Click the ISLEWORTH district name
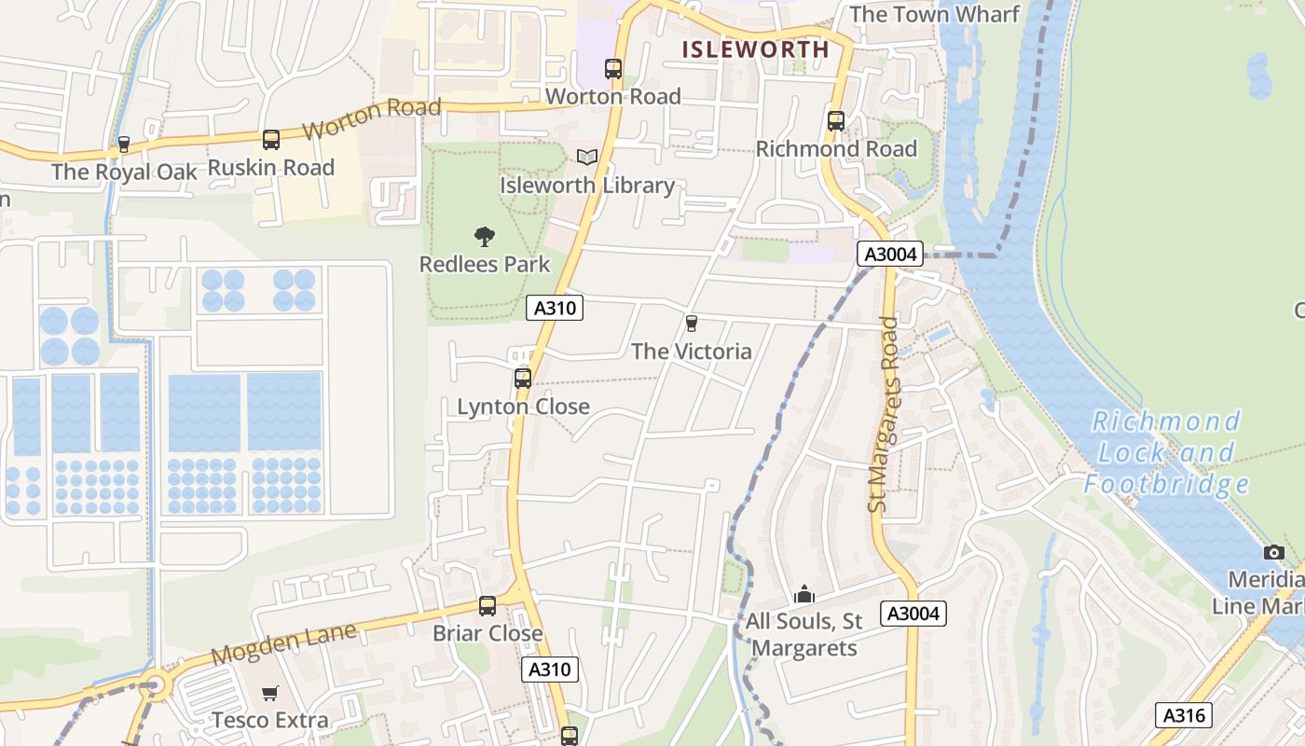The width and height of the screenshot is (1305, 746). tap(755, 49)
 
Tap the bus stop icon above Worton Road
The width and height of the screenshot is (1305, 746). tap(612, 68)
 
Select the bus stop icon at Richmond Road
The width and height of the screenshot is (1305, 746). tap(836, 120)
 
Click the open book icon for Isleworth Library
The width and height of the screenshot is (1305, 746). tap(586, 157)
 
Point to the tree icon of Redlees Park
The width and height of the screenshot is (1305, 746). tap(485, 236)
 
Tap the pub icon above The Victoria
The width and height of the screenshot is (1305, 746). tap(691, 324)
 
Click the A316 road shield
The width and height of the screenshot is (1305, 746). tap(1184, 715)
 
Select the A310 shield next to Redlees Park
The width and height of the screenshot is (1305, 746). tap(555, 308)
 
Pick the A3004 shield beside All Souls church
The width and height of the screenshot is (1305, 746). tap(914, 613)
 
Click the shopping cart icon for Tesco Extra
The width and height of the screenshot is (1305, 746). tap(269, 693)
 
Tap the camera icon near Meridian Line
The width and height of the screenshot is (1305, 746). tap(1273, 552)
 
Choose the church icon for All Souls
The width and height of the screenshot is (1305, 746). tap(804, 593)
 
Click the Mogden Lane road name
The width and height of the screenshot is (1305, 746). tap(283, 643)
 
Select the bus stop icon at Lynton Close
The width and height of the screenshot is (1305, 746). tap(523, 379)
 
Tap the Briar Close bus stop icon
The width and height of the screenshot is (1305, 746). tap(488, 606)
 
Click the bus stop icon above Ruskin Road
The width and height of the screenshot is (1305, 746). tap(271, 140)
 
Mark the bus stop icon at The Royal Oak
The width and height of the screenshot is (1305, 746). tap(123, 145)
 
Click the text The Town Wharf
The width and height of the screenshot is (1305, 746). tap(934, 14)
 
